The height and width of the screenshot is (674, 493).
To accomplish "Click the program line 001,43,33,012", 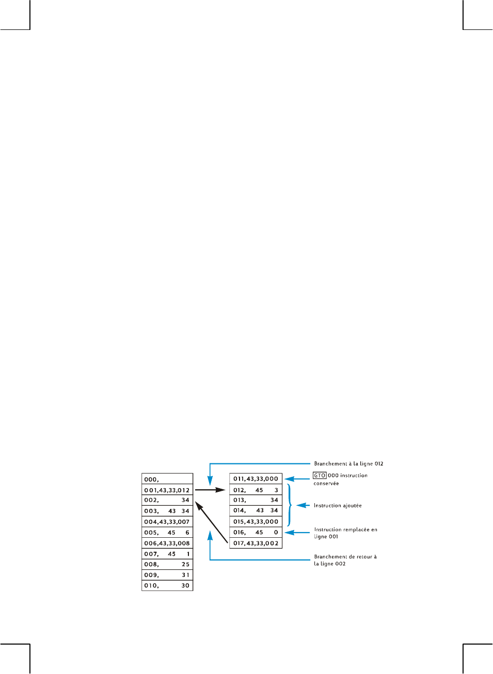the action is (167, 490).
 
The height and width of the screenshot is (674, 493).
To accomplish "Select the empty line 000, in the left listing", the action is (167, 479).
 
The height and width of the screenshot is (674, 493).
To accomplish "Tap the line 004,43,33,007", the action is (167, 522).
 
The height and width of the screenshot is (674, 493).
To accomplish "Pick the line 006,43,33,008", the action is (167, 543).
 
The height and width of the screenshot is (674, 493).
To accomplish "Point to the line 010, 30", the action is (167, 585).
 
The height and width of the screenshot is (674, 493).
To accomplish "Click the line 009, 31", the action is (167, 575).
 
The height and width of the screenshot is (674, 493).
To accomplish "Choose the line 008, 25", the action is (167, 564).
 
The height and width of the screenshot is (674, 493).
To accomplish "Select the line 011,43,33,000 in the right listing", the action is (256, 478).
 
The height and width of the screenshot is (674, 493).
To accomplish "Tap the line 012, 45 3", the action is (256, 490).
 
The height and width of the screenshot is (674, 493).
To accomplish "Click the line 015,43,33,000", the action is (256, 521).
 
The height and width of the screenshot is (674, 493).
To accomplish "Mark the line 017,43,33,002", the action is (256, 543).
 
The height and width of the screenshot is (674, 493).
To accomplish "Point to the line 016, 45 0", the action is (256, 532).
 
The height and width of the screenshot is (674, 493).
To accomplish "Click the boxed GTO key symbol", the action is (320, 475).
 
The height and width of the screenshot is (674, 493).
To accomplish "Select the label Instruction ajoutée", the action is (338, 505).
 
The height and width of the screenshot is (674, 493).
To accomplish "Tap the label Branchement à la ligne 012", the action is (348, 463).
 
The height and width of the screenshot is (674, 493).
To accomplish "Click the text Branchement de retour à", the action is (345, 556).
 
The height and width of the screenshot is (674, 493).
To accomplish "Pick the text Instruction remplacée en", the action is (345, 529).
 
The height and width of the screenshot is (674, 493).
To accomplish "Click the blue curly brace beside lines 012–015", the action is (290, 505).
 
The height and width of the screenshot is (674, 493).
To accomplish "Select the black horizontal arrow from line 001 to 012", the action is (210, 490).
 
